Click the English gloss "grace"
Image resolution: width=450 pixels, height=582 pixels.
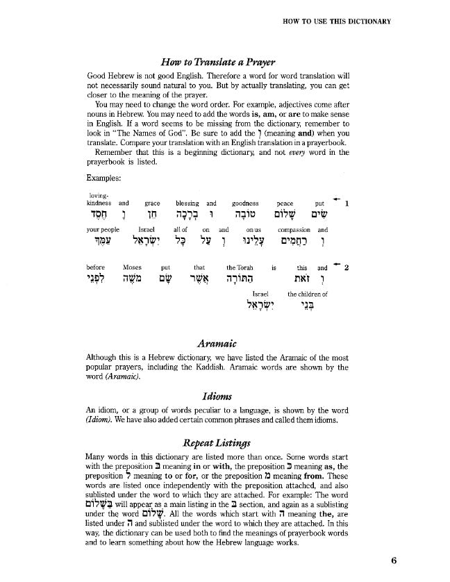coord(152,203)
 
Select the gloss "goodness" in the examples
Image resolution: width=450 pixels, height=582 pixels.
coord(244,203)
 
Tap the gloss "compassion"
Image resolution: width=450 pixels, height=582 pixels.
coord(293,228)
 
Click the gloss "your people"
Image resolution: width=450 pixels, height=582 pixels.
coord(103,228)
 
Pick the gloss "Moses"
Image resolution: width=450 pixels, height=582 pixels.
coord(132,267)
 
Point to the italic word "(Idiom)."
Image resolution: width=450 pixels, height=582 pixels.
coord(104,420)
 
